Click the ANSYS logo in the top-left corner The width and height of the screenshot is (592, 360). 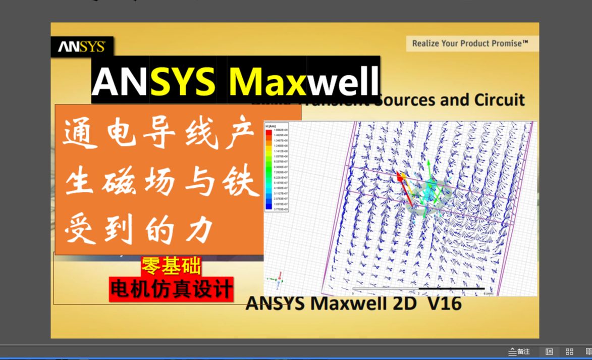tap(81, 47)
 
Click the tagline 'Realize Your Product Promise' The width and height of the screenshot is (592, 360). tap(470, 43)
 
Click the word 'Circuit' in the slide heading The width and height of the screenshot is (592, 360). tap(499, 99)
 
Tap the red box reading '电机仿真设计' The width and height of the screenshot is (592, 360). tap(172, 289)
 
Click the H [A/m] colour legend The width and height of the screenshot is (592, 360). tap(276, 167)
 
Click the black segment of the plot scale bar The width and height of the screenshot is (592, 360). tap(451, 289)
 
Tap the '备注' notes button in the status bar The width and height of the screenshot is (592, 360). tap(519, 351)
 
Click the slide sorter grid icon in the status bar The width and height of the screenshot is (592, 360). tap(569, 351)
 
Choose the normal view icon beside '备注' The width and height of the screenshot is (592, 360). tap(550, 351)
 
